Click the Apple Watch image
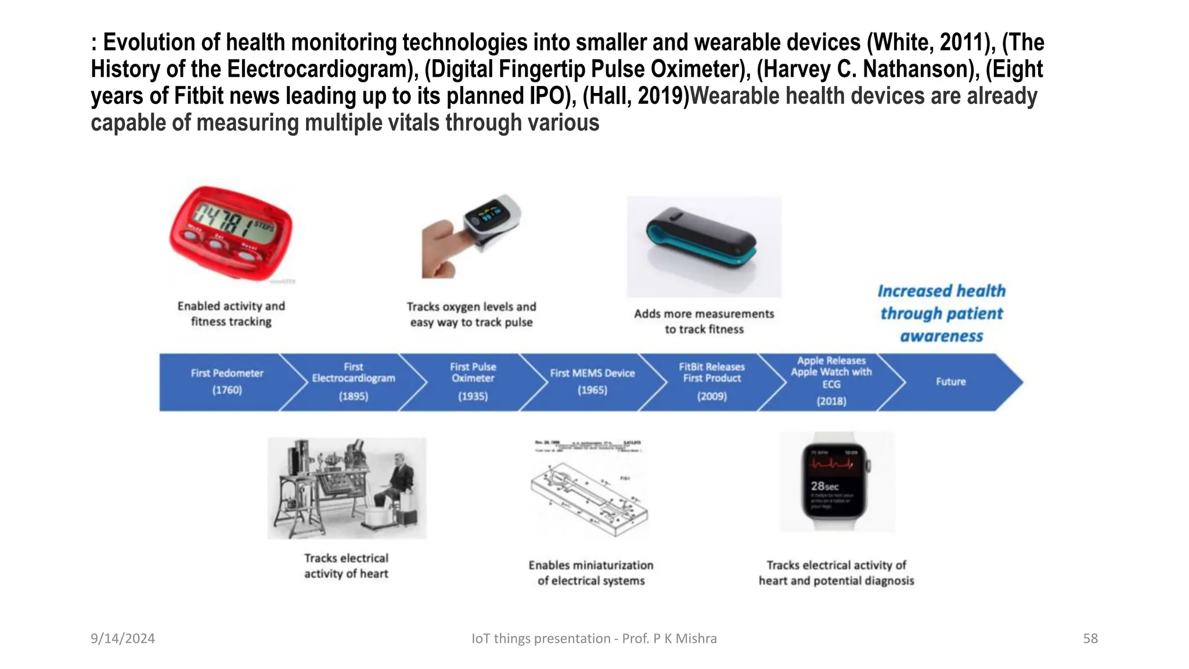click(837, 481)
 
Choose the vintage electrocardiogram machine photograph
click(347, 488)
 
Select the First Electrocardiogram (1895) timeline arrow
click(353, 382)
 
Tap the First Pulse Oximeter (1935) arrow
click(473, 382)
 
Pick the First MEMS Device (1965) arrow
click(592, 382)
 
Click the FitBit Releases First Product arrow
click(712, 382)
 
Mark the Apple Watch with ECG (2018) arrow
click(831, 382)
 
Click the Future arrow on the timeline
click(950, 382)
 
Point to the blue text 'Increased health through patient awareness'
click(941, 314)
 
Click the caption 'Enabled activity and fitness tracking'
click(231, 314)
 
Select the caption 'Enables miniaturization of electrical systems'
click(591, 573)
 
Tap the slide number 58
click(1090, 638)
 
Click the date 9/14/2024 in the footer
click(122, 638)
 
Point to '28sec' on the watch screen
click(824, 486)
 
